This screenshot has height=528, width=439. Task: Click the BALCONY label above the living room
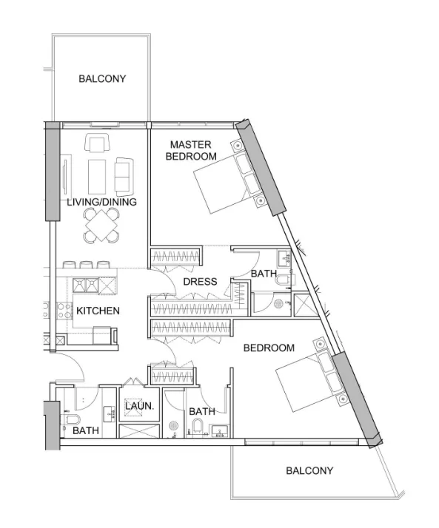102,78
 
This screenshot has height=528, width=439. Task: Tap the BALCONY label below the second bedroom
309,470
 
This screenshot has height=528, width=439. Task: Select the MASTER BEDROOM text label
191,150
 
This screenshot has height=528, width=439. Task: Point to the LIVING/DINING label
102,202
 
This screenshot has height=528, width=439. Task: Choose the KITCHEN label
98,311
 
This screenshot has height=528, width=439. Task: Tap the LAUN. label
138,406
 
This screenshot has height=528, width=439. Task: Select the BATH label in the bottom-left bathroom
85,430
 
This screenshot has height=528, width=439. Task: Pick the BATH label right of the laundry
201,411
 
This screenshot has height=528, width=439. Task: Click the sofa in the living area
123,175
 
